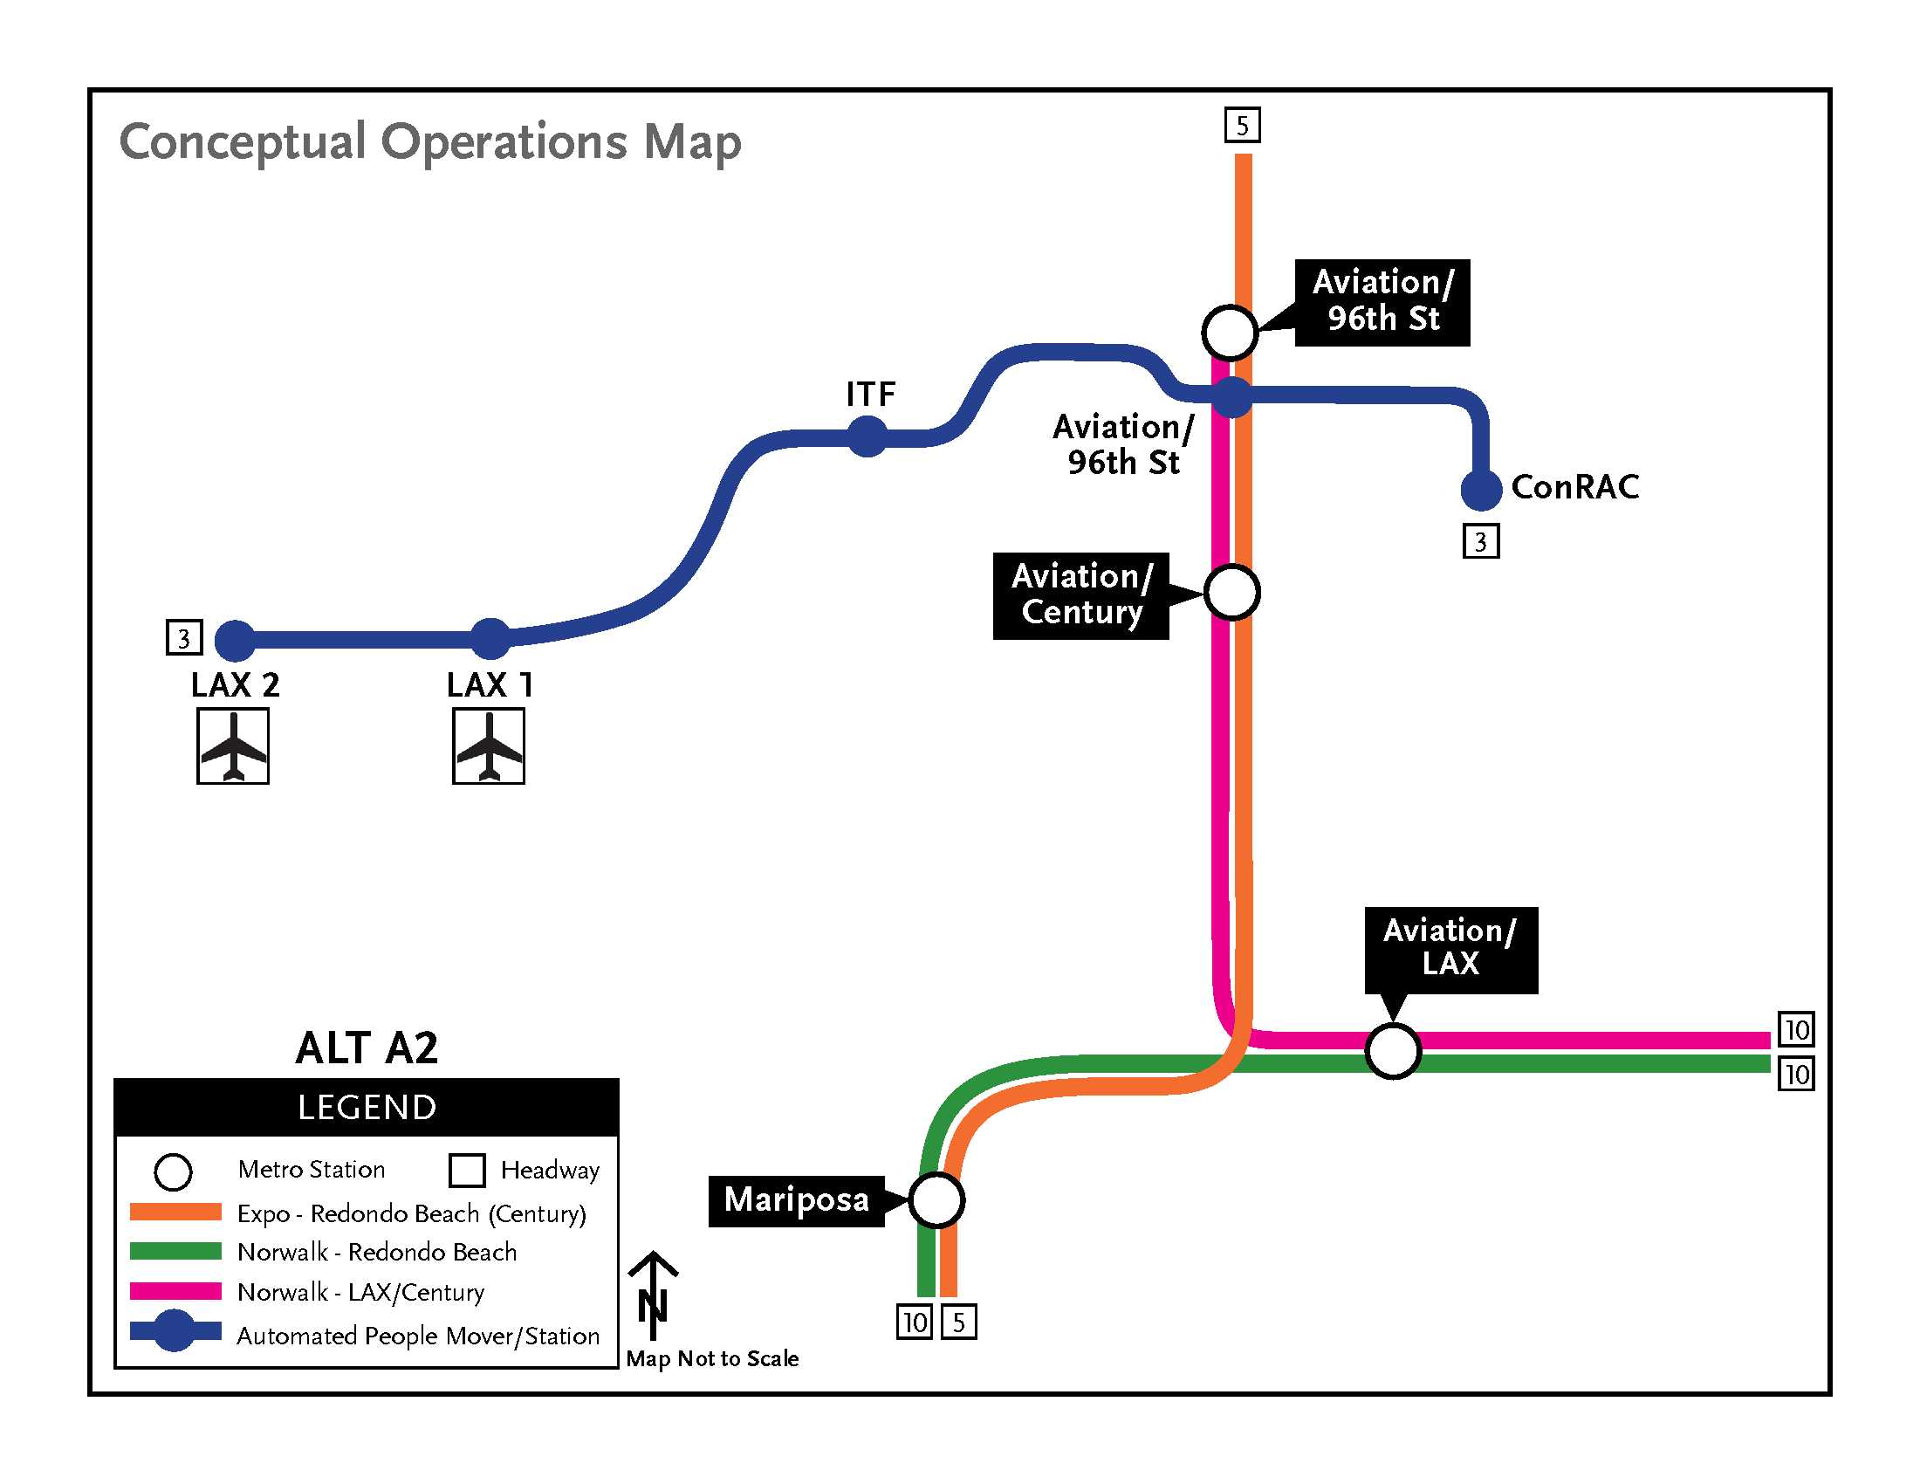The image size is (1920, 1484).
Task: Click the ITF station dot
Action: (867, 436)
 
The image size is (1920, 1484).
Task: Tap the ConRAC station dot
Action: (1481, 490)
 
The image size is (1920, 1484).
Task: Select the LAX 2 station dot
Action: (236, 640)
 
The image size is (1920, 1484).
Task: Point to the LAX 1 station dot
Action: (490, 639)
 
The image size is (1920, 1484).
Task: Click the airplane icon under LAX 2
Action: (233, 746)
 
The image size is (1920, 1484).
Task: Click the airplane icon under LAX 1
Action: (489, 746)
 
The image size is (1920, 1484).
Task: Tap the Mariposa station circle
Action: (936, 1200)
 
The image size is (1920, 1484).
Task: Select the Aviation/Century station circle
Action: (1231, 593)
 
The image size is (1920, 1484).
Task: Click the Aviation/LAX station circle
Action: (1394, 1050)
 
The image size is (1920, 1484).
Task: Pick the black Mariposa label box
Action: (797, 1201)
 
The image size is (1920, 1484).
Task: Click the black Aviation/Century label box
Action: (1081, 596)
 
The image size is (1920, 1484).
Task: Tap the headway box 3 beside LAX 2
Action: (185, 637)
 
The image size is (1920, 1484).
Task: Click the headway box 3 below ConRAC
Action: (1481, 540)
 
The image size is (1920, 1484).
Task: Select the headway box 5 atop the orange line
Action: (1242, 125)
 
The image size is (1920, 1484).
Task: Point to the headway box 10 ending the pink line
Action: (1796, 1028)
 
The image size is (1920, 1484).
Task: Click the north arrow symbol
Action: (652, 1294)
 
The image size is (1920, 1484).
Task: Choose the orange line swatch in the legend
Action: (175, 1213)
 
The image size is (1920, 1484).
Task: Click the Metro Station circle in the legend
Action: (173, 1171)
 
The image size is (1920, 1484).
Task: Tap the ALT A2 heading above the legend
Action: (367, 1048)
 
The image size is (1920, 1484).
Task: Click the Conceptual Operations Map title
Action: (431, 142)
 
